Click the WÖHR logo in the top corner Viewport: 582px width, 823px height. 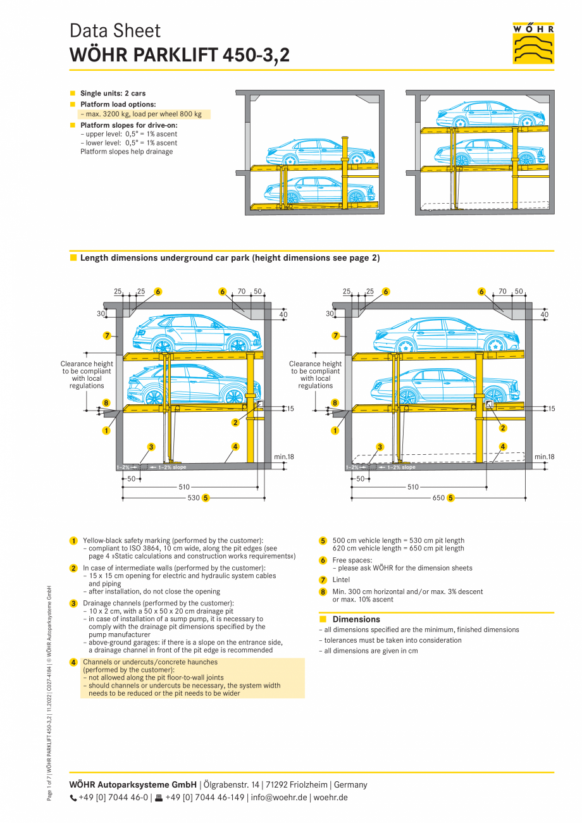tap(533, 43)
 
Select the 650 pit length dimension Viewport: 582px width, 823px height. tap(438, 498)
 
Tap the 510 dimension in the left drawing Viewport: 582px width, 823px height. tap(184, 487)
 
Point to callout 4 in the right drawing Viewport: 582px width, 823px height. tap(503, 447)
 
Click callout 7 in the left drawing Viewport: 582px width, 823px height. tap(107, 335)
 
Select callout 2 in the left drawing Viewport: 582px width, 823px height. tap(235, 423)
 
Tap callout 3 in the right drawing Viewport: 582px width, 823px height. tap(380, 447)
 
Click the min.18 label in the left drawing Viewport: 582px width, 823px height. tap(283, 456)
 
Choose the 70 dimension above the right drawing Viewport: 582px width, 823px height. tap(502, 292)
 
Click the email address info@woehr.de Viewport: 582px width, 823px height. tap(280, 798)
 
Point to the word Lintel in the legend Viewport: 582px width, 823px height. tap(341, 579)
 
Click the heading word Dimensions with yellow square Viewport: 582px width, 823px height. tap(356, 619)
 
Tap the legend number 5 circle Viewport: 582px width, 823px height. tap(323, 541)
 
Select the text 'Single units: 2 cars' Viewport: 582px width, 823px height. tap(113, 94)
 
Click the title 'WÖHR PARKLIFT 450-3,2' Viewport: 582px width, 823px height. tap(180, 56)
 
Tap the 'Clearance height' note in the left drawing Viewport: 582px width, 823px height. tap(87, 364)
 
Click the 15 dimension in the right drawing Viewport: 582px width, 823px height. tap(551, 409)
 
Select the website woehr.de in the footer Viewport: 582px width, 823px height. tap(330, 798)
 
